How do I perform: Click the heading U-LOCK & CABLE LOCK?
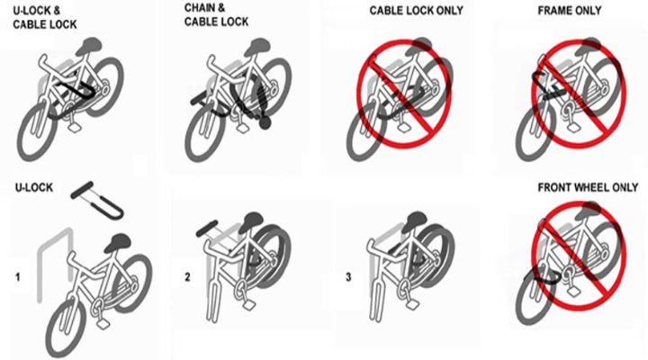point(37,19)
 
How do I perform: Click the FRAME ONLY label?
point(569,11)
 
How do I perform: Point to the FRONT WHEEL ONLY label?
point(587,190)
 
